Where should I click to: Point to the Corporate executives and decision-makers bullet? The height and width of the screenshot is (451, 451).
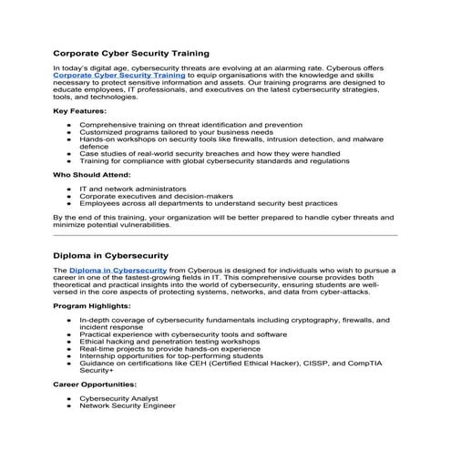[155, 196]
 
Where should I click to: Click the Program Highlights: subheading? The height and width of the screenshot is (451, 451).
[94, 307]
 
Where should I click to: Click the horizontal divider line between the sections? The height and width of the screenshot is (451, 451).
[225, 235]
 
